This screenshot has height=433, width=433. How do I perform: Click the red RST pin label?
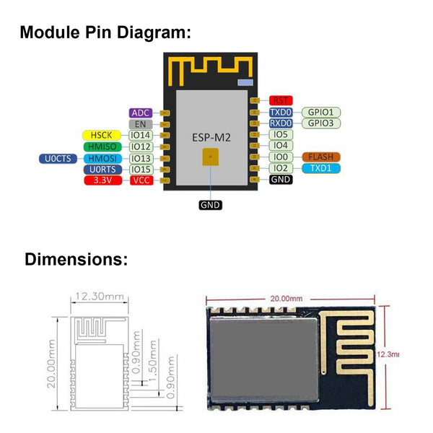(280, 101)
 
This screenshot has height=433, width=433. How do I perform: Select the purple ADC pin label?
(139, 113)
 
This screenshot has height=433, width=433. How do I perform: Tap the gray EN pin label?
(139, 124)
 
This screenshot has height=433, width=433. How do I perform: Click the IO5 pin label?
(281, 134)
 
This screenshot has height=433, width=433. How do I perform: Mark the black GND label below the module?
(210, 205)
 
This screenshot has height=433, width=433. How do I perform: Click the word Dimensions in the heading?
(76, 260)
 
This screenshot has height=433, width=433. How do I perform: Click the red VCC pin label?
(139, 180)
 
